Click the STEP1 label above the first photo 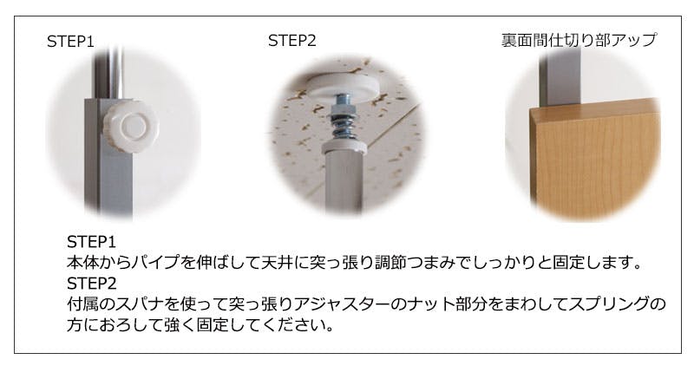[x=70, y=42]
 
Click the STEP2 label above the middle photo [x=292, y=41]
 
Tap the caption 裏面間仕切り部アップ [x=579, y=40]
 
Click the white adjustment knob [x=131, y=127]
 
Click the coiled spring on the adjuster [x=344, y=126]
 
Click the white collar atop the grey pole [x=344, y=147]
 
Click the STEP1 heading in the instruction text [x=92, y=242]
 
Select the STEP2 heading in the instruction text [x=92, y=284]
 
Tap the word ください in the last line [x=293, y=325]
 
